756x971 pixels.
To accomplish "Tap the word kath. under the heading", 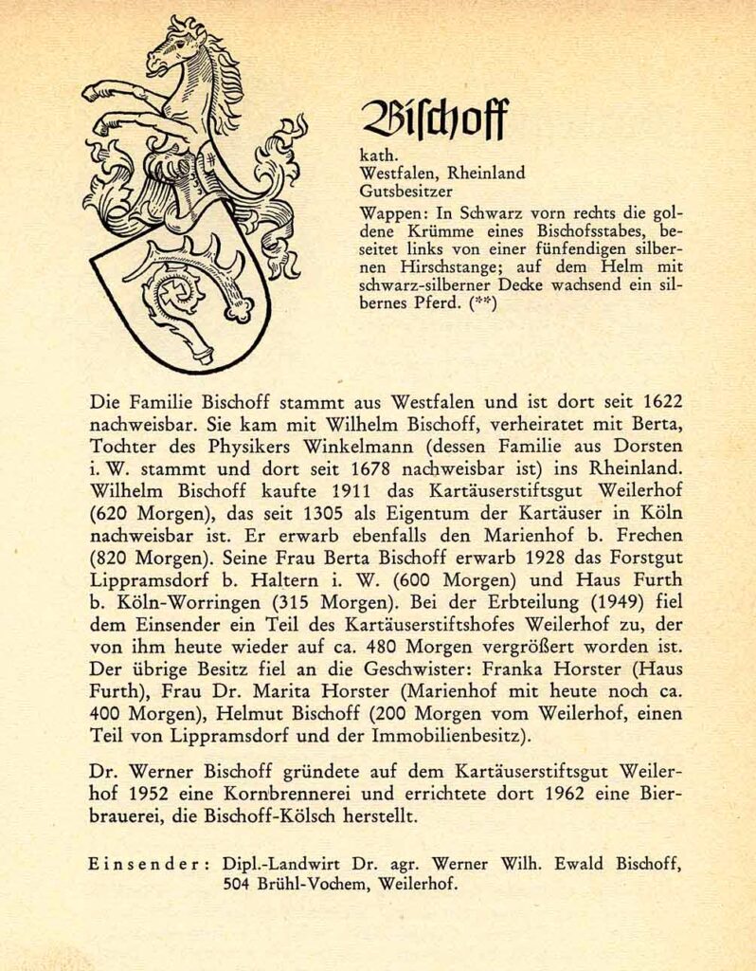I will (379, 156).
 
